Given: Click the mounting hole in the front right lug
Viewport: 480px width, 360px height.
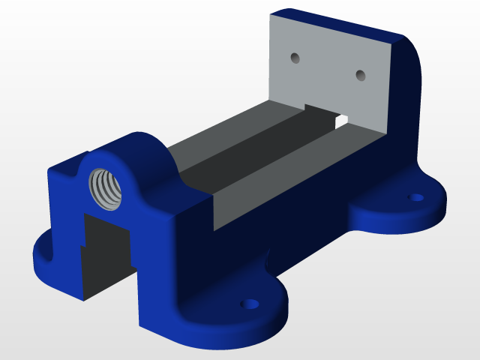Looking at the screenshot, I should tap(248, 304).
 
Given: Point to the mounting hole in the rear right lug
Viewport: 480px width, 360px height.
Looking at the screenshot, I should tap(415, 197).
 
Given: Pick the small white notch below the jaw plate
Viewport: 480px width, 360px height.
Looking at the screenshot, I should tap(341, 119).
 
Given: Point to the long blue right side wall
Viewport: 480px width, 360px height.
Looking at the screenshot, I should tap(300, 217).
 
